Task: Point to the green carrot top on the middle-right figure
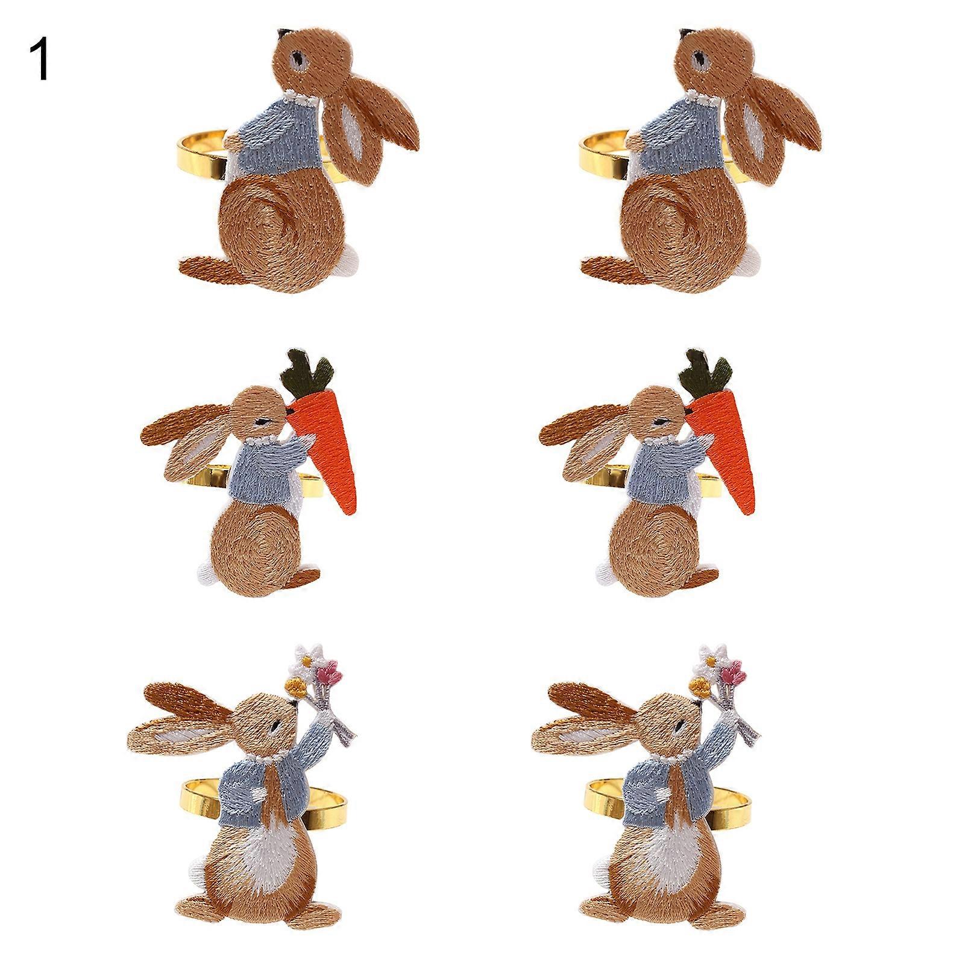[706, 371]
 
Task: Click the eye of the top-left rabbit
[297, 59]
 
